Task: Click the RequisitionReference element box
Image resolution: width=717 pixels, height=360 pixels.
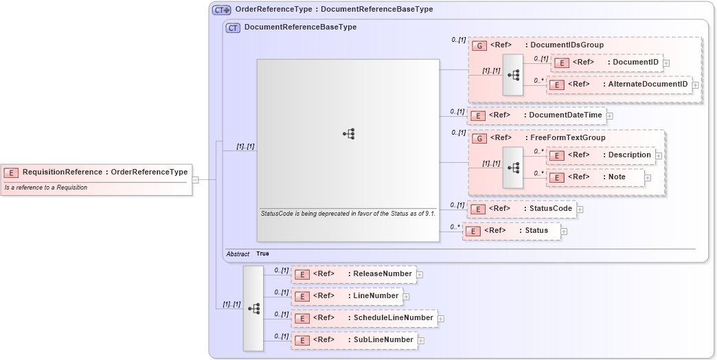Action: click(x=96, y=172)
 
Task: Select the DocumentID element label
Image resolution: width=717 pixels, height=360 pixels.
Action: click(x=635, y=63)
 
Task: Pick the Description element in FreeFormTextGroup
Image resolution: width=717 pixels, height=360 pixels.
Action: click(x=629, y=155)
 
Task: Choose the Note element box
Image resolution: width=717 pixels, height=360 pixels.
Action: click(x=616, y=177)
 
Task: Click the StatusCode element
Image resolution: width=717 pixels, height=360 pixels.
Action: click(x=549, y=209)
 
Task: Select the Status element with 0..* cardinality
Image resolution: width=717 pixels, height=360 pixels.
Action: click(x=536, y=231)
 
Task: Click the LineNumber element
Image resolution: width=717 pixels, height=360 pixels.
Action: click(x=375, y=296)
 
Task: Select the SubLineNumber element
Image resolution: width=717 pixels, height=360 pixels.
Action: click(x=383, y=340)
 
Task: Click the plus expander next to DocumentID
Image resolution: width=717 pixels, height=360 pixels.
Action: click(x=666, y=63)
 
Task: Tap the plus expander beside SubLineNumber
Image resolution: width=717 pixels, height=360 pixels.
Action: click(x=420, y=341)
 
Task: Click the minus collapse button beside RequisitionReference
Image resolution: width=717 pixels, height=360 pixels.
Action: click(x=196, y=180)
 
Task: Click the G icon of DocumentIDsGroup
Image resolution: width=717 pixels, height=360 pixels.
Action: click(x=480, y=46)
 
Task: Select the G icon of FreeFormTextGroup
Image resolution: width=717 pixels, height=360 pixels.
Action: click(x=480, y=139)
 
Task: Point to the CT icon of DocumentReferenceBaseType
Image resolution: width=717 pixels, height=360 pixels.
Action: click(x=233, y=28)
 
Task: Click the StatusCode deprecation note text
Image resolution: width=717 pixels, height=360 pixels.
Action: click(x=348, y=214)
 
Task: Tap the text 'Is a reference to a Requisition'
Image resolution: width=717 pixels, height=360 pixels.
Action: click(x=46, y=188)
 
